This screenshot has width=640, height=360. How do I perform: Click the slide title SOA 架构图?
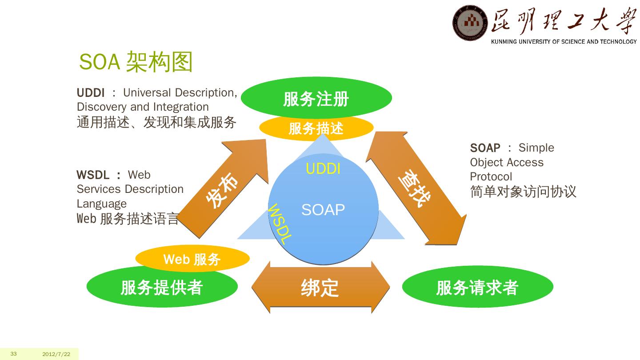coord(136,62)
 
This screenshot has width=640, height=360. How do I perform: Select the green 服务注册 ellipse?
coord(316,98)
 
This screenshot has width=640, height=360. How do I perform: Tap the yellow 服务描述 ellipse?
coord(316,128)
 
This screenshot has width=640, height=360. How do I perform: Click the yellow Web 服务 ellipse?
coord(192,259)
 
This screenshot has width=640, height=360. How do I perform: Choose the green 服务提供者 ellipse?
coord(162,288)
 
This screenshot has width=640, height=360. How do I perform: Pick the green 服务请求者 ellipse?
coord(477,288)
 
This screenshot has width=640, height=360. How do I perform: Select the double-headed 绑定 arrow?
coord(320,288)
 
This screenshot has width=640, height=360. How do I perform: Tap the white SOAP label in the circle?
coord(323,209)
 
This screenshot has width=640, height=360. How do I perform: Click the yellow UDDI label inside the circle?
coord(323,169)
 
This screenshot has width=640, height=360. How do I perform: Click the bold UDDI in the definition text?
coord(91,93)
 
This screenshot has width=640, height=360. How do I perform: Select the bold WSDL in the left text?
coord(93,175)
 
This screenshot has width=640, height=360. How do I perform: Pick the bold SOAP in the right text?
coord(485,148)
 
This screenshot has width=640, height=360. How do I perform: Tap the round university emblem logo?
coord(470,23)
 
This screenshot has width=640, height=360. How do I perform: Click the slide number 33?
coord(14,354)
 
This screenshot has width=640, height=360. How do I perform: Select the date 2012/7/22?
coord(56,354)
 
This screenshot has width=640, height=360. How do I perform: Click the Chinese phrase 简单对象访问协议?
coord(523,192)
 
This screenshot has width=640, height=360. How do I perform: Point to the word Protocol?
coord(491,176)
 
